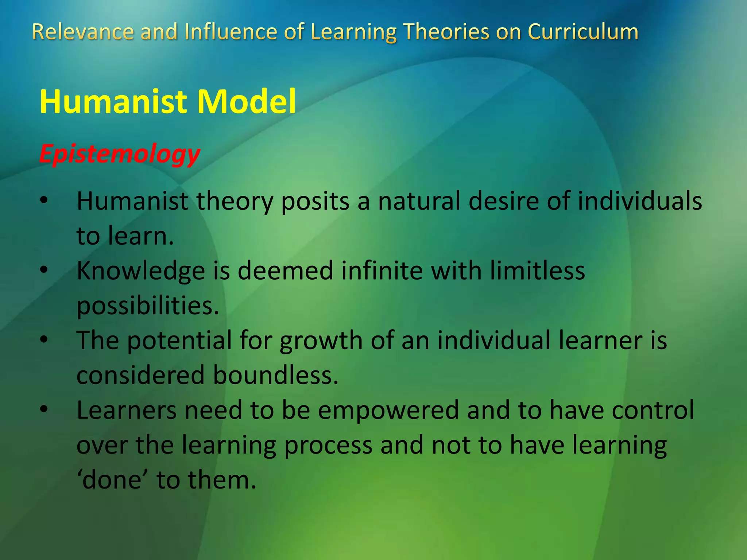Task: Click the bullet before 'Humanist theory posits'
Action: (x=44, y=201)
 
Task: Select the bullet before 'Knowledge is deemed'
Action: (x=44, y=270)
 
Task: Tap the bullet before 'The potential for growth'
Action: (x=44, y=340)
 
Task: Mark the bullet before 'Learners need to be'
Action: (x=44, y=409)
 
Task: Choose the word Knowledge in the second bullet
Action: (x=141, y=272)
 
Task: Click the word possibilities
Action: (x=148, y=306)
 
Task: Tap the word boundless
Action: (x=275, y=376)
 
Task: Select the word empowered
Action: (x=388, y=411)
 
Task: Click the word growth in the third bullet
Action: (x=321, y=341)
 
